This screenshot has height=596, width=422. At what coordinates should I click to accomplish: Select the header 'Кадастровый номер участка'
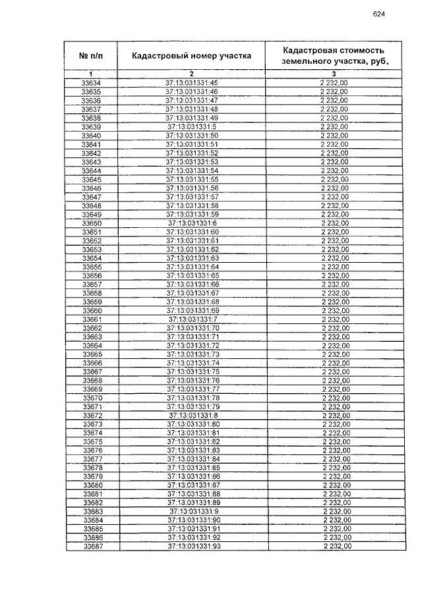coord(191,56)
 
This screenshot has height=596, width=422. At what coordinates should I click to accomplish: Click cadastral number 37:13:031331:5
coord(192,126)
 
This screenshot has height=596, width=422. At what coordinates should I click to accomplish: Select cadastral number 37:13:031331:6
coord(192,223)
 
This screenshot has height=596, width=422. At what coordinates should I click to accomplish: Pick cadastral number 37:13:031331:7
coord(193,319)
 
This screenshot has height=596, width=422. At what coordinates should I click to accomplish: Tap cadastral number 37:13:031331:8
coord(193,416)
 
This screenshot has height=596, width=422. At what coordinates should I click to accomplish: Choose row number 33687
coord(92,547)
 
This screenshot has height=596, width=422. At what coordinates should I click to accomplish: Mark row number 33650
coord(91,223)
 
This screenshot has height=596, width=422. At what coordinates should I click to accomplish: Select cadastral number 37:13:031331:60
coord(192,232)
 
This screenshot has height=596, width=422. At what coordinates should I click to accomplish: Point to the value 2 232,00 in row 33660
coord(334,311)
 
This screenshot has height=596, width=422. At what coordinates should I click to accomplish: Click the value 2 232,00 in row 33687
coord(336,547)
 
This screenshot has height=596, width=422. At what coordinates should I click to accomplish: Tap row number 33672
coord(92,416)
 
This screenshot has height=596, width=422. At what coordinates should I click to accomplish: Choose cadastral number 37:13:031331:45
coord(191,83)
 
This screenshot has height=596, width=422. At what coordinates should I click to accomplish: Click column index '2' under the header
coord(191,74)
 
